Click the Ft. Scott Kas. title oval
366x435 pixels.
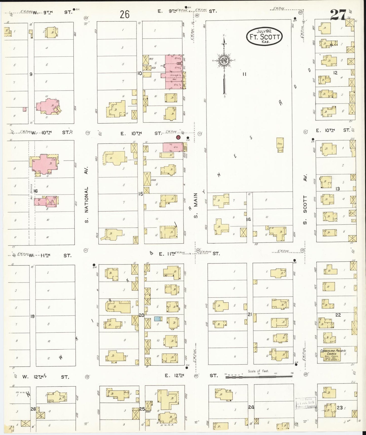click(264, 37)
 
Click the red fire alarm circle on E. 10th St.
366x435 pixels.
click(178, 137)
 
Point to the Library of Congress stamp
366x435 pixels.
click(306, 403)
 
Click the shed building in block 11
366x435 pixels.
click(280, 145)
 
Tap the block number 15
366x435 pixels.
click(140, 194)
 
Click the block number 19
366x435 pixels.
click(32, 316)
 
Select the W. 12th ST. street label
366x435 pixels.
click(45, 377)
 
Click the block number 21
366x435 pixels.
click(250, 314)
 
